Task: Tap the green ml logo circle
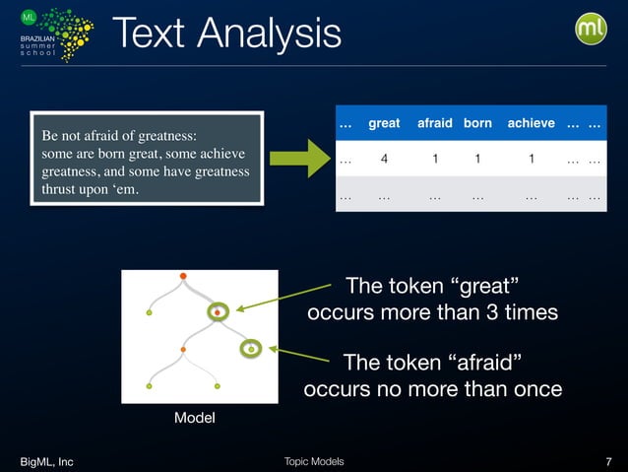click(591, 29)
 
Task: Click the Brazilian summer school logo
click(55, 34)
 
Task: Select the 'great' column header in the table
click(384, 123)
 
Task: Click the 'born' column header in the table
click(477, 123)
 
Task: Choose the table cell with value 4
click(384, 159)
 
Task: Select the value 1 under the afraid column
click(434, 159)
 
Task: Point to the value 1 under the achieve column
click(531, 159)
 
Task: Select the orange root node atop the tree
click(183, 275)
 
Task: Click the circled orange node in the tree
click(218, 313)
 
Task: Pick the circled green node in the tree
click(251, 349)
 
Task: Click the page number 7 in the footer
click(608, 461)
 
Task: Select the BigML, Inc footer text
click(46, 461)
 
